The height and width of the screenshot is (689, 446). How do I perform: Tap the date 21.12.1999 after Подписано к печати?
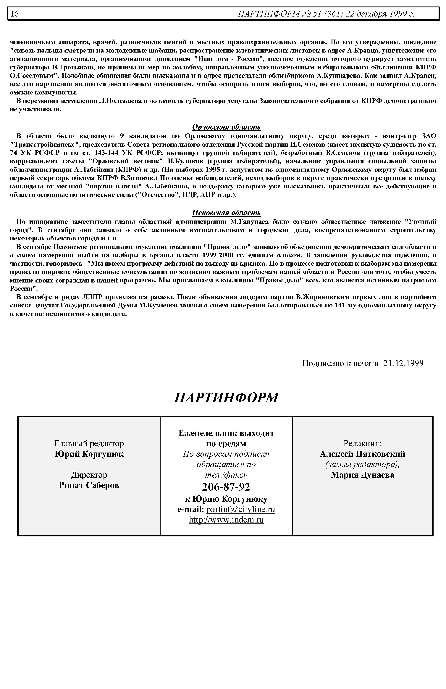(x=403, y=363)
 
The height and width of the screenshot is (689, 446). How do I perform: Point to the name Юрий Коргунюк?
(x=89, y=454)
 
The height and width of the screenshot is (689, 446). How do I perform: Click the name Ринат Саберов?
(x=89, y=485)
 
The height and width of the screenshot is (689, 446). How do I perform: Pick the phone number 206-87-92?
(x=226, y=487)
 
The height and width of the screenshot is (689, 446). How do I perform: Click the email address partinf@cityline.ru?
(x=241, y=509)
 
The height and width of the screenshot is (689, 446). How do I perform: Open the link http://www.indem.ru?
(x=226, y=520)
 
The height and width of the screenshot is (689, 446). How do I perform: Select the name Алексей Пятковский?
(x=362, y=454)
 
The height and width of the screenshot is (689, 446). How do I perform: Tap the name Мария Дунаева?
(x=362, y=475)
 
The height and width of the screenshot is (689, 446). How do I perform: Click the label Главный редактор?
(x=89, y=443)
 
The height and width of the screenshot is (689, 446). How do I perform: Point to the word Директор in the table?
(x=89, y=475)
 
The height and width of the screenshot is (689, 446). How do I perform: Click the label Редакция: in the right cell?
(x=362, y=443)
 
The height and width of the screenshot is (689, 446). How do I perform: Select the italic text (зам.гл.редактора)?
(x=362, y=464)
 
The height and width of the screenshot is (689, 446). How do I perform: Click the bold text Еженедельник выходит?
(x=226, y=433)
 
